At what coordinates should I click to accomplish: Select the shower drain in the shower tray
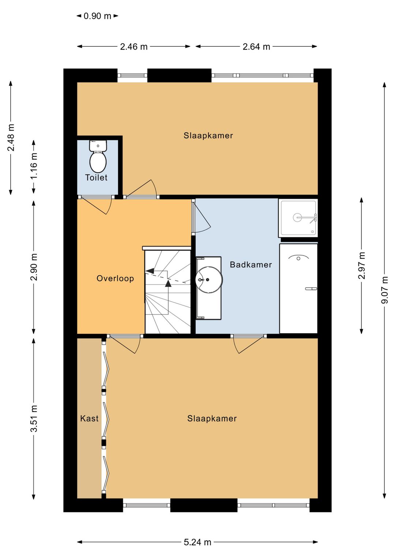coord(297,218)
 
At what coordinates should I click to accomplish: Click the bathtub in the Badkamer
coord(298,289)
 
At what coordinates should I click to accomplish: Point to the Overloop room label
coord(115,278)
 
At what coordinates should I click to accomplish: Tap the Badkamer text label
coord(251,264)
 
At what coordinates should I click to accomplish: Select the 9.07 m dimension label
coord(385,290)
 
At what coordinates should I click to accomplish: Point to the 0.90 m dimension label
coord(97,16)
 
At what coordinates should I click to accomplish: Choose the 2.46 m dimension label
coord(134,46)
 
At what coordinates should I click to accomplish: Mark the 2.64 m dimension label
coord(256,46)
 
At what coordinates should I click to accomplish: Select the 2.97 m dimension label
coord(362,265)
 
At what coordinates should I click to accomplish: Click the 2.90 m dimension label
coord(34,267)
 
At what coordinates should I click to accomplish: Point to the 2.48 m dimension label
coord(11,137)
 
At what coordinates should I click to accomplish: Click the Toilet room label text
coord(96,178)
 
